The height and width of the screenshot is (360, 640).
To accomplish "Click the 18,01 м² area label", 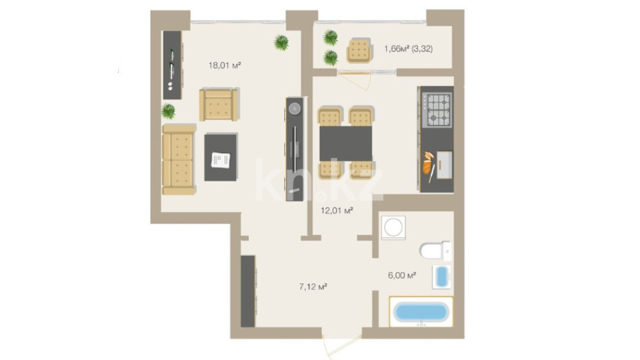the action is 224,65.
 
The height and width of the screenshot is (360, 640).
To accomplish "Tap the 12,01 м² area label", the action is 337,211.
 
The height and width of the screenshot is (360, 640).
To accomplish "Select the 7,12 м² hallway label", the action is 313,287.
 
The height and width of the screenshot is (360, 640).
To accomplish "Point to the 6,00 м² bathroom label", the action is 402,275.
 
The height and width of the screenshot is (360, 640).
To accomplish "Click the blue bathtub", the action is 421,312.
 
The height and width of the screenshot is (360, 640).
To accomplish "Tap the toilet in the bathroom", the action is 435,251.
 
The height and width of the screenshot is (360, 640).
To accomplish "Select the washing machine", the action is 394,228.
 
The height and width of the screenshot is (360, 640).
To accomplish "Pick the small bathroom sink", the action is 442,276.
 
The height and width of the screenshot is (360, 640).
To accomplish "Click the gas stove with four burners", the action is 437,110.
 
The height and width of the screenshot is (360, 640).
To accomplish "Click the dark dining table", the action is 345,143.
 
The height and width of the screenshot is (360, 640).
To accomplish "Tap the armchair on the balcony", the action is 360,51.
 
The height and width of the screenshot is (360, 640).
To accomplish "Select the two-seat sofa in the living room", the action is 179,159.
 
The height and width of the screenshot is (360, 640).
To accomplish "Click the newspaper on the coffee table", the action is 221,159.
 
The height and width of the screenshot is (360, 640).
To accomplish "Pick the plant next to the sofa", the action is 168,111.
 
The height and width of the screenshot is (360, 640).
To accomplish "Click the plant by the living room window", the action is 281,42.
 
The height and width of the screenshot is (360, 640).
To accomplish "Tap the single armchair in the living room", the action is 219,105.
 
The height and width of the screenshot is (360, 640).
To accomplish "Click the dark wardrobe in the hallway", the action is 248,291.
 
